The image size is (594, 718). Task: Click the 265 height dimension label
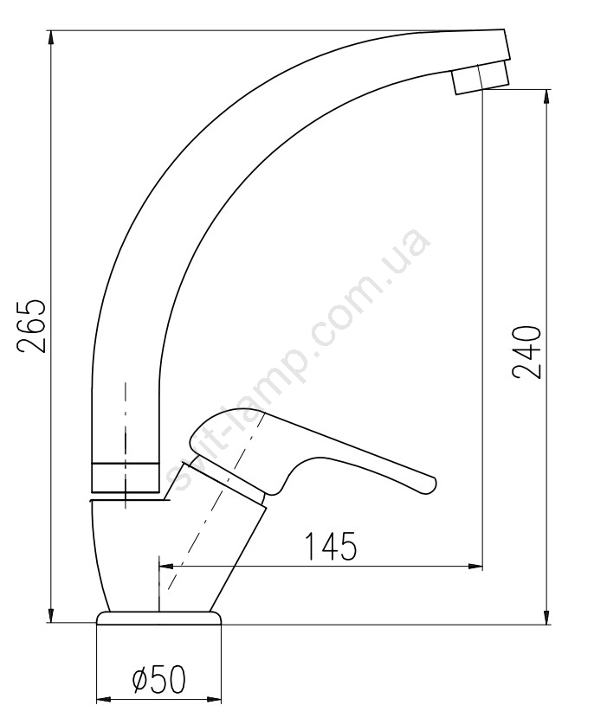point(32,326)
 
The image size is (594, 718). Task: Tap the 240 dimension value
point(526,352)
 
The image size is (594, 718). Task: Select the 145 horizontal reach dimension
point(330,546)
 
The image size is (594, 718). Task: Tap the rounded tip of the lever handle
point(430,484)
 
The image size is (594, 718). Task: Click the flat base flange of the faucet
point(158,617)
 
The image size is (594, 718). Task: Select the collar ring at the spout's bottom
point(126,478)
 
